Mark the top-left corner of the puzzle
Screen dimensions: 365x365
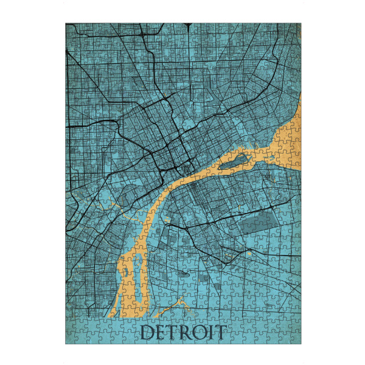(x=66, y=23)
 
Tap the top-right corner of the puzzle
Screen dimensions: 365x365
(x=300, y=23)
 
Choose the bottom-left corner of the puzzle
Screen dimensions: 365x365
(x=66, y=344)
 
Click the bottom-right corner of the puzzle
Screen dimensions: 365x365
(x=300, y=344)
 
